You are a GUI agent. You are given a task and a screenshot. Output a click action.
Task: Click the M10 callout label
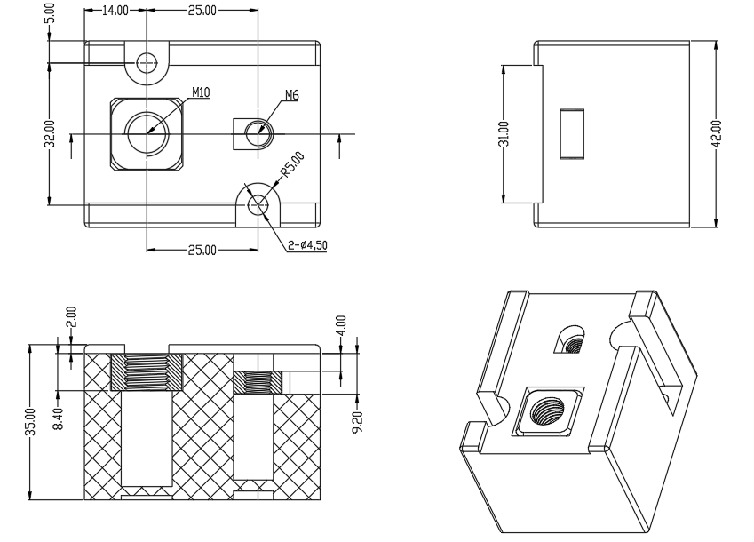click(201, 92)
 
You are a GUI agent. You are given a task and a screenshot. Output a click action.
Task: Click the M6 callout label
click(292, 95)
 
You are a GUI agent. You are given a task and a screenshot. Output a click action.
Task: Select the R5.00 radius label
click(293, 165)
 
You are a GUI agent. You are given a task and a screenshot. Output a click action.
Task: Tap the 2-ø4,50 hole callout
click(308, 245)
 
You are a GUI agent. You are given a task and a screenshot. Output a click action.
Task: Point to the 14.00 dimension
click(115, 11)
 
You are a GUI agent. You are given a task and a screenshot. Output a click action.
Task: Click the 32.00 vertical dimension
click(51, 133)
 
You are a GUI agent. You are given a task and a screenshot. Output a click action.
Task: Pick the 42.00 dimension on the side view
click(717, 133)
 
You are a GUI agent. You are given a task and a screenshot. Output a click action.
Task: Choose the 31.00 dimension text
click(504, 133)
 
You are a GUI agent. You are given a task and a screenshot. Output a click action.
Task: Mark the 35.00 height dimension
click(30, 422)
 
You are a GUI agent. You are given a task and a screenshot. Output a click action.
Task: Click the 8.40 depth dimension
click(58, 418)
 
